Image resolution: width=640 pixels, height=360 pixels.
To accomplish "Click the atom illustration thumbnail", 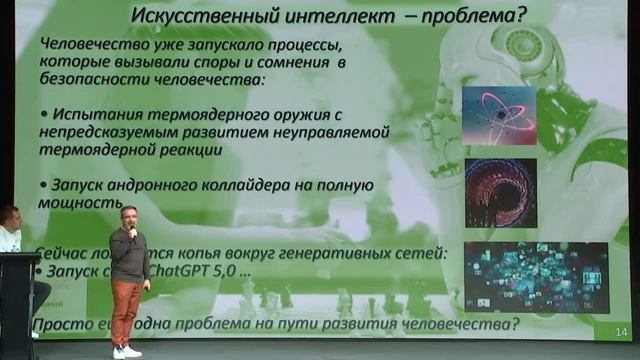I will [499, 115].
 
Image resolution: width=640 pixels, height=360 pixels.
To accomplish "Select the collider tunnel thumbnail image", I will [499, 193].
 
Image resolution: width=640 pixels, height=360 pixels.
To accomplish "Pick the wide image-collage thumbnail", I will [535, 276].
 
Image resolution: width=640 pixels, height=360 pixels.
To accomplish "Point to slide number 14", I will [620, 331].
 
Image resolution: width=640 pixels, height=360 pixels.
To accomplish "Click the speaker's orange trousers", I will [126, 310].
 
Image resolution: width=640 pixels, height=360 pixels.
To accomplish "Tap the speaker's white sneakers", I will [126, 352].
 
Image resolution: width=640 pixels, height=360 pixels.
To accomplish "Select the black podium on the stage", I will [18, 305].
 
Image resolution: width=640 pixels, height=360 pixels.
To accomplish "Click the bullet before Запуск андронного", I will [41, 185].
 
